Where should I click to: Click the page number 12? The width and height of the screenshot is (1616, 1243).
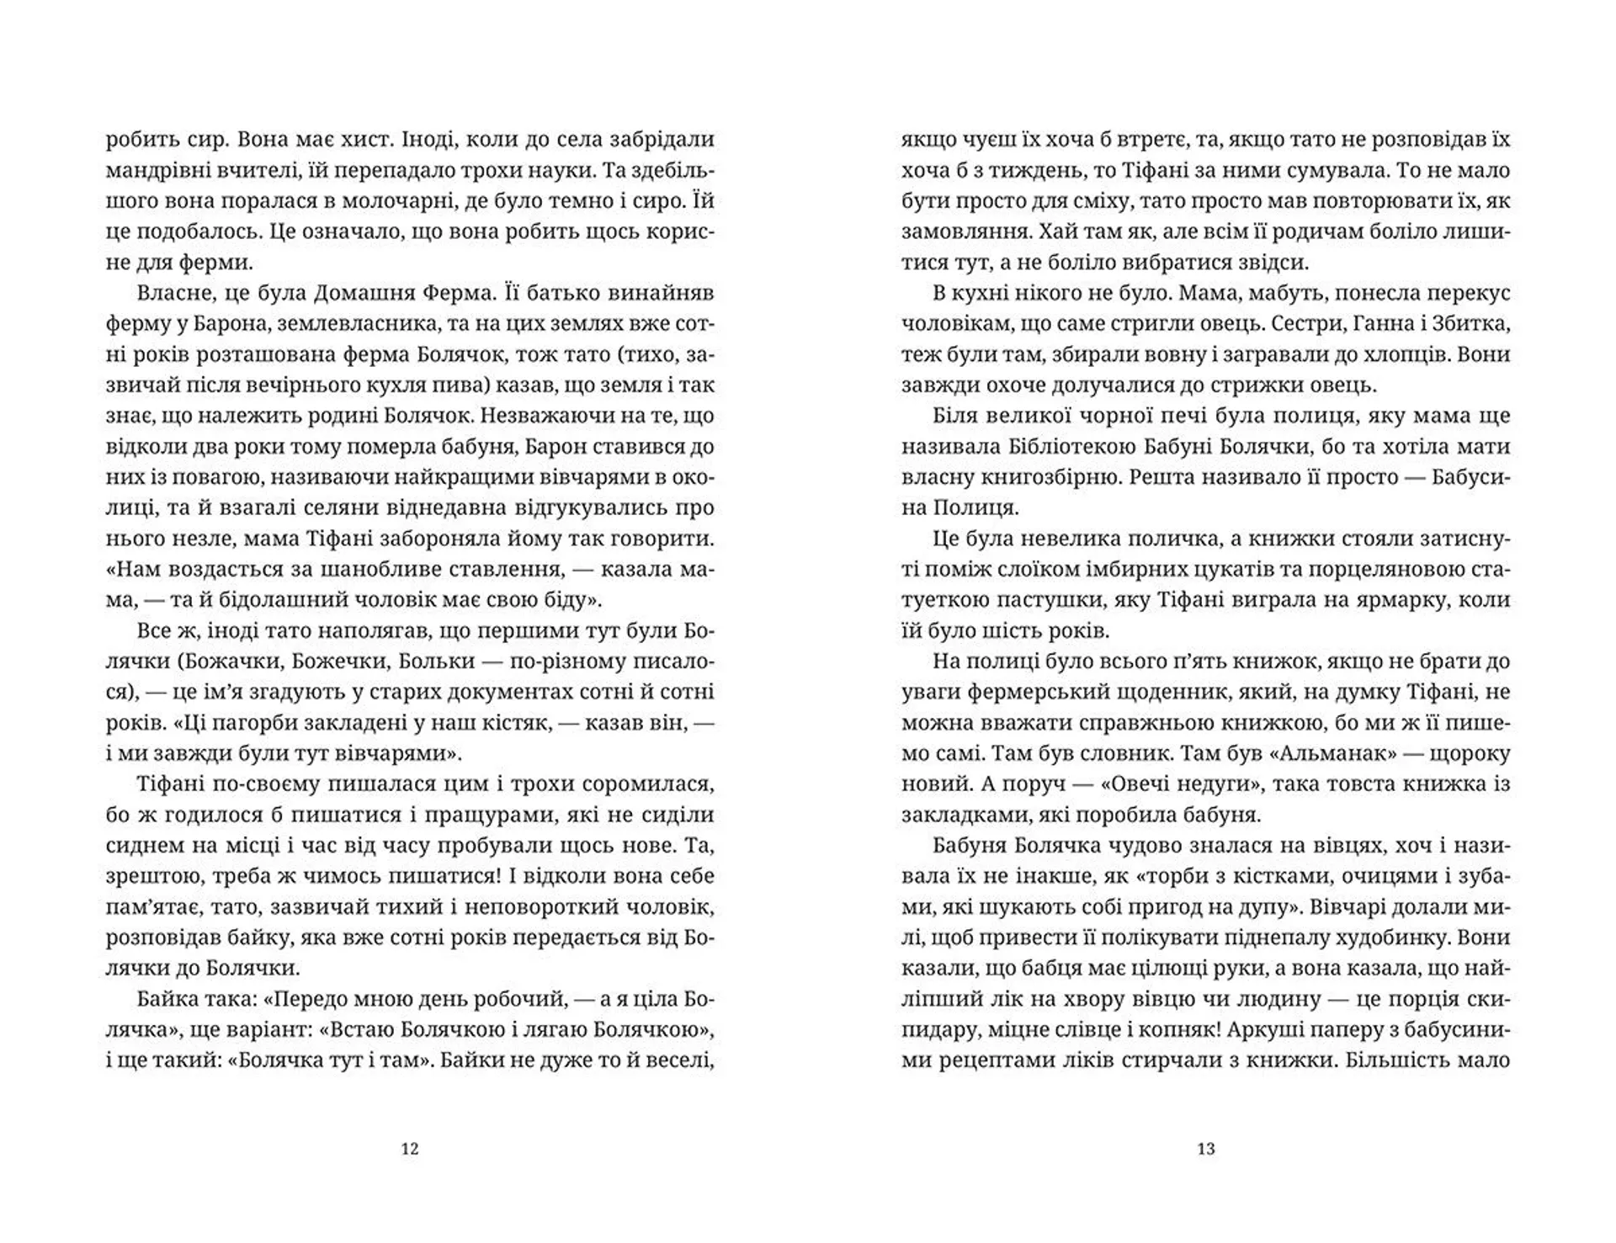410,1149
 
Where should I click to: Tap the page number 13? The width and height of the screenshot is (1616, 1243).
1206,1149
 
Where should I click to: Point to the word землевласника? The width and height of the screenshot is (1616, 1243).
325,324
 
